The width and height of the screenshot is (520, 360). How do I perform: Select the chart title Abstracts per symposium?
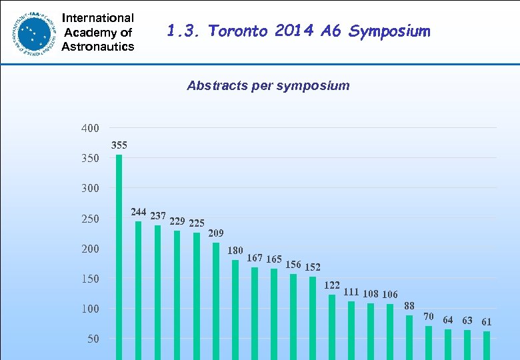pos(268,85)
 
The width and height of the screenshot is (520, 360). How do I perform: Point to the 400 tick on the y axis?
pos(90,128)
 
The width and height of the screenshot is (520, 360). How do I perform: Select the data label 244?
pos(139,212)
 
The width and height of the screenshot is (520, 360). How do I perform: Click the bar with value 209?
pos(216,300)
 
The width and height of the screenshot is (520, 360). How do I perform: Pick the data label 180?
pos(235,251)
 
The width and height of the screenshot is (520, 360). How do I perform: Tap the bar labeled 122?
pos(332,327)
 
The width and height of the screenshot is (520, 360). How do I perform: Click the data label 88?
pos(409,305)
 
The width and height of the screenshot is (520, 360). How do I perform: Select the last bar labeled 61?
pos(487,345)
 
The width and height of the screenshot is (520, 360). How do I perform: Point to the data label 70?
pos(429,316)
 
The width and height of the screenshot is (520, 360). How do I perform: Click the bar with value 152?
pos(313,317)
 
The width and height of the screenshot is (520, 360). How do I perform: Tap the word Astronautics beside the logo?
pos(98,46)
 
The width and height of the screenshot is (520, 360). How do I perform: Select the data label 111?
pos(351,292)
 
